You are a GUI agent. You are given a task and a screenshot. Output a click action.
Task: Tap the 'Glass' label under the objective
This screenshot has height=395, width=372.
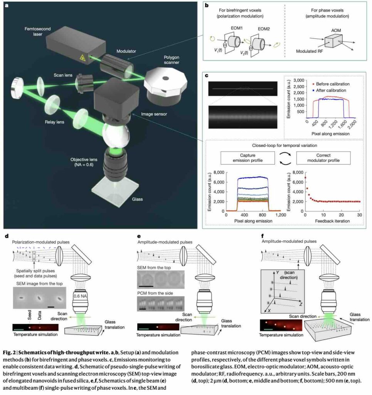coord(137,199)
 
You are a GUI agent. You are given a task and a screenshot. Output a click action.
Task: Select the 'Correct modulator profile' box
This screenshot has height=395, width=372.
coord(323,158)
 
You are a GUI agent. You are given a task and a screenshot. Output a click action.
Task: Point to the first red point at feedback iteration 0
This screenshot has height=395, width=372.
coord(306,177)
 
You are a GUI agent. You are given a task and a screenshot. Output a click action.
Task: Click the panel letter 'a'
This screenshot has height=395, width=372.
coord(7,5)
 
